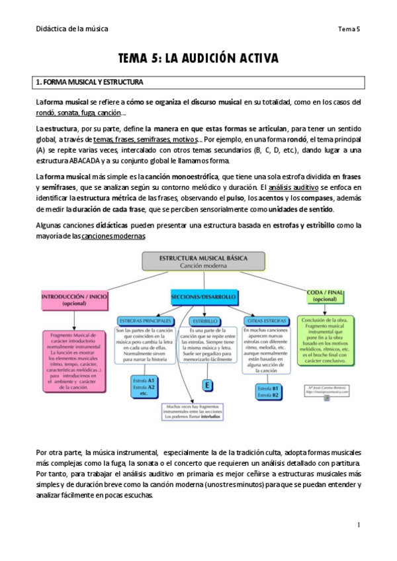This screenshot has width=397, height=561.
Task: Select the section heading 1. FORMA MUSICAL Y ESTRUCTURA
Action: click(89, 83)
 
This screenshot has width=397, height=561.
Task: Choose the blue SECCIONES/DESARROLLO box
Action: click(203, 298)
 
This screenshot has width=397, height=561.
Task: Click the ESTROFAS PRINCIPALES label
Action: click(143, 320)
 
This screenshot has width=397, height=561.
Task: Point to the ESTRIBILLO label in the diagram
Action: click(207, 320)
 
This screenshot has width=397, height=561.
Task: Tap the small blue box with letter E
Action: click(207, 385)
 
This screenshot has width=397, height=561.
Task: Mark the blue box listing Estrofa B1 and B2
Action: click(267, 391)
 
